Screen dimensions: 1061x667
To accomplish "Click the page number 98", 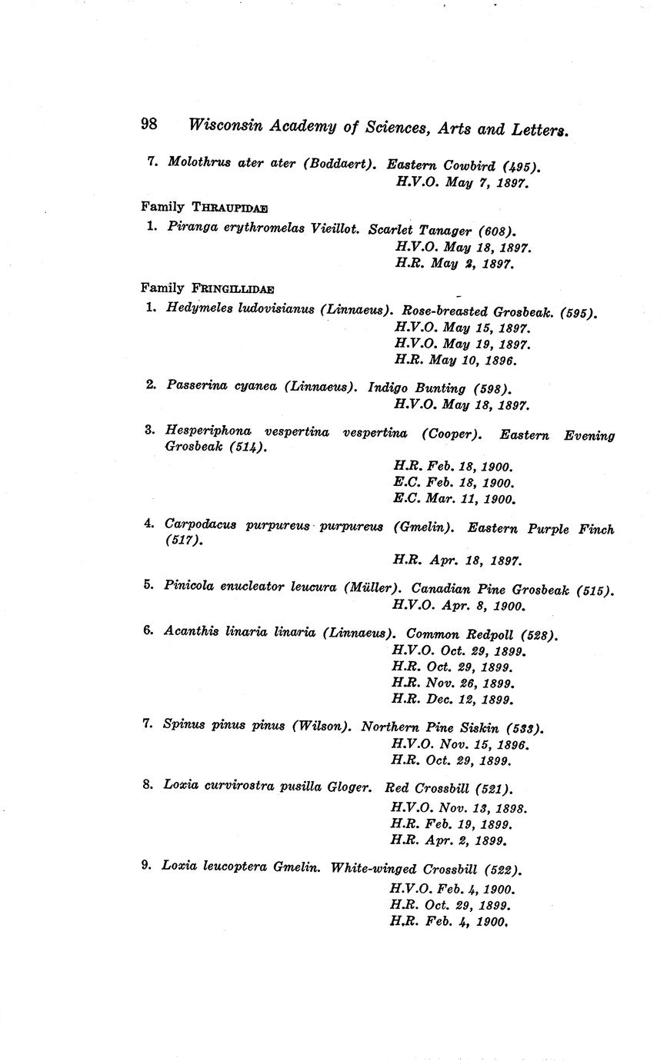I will (149, 124).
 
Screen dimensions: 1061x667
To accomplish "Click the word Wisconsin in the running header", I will (223, 125).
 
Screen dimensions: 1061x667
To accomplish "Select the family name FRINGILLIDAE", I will (232, 288).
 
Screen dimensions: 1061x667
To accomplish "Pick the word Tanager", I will (445, 231).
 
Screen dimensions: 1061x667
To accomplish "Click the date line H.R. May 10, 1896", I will (455, 360).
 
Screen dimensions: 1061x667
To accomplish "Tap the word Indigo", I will (391, 388).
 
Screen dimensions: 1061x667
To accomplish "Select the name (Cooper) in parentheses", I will (452, 434).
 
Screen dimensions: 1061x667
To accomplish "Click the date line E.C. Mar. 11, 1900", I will (454, 499).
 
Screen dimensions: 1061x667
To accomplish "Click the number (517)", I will (183, 541).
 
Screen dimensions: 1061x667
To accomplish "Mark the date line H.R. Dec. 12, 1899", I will (452, 700).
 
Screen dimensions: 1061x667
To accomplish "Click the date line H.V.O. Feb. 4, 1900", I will (452, 889).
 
